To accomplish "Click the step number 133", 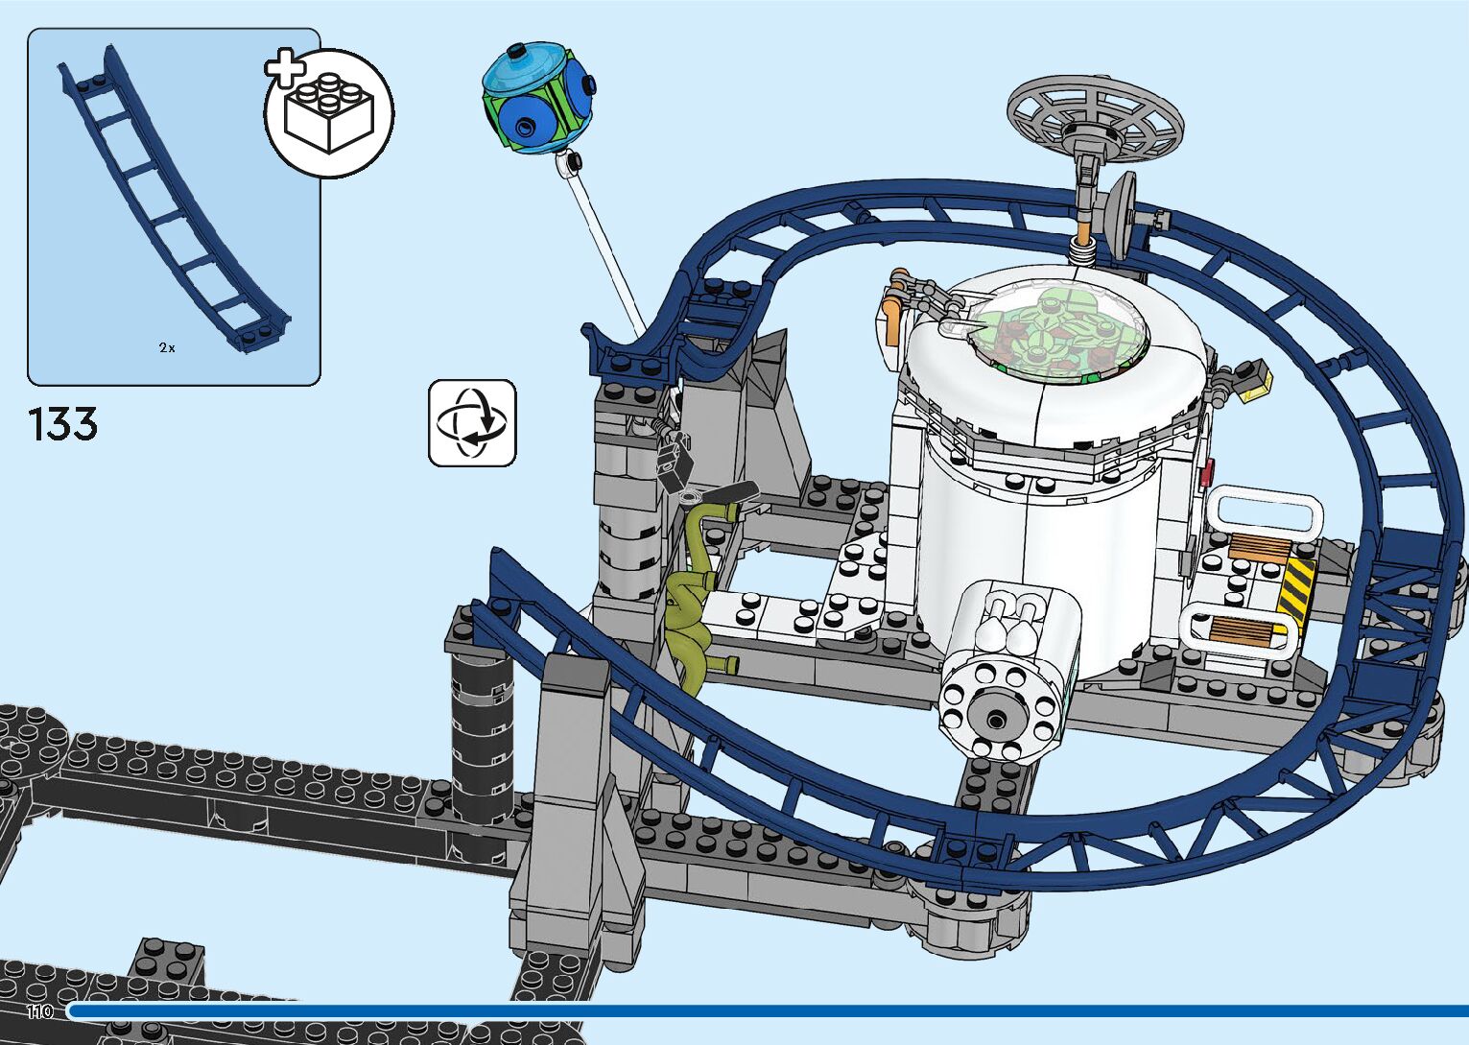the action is pos(63,424).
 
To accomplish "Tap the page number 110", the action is pos(39,1011).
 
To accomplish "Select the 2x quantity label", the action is pos(167,347).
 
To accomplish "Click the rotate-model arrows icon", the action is pos(472,423).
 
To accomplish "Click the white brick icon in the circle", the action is pos(329,113).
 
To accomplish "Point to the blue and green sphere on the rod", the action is pos(537,99).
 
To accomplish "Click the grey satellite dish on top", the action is pos(1095,125).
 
